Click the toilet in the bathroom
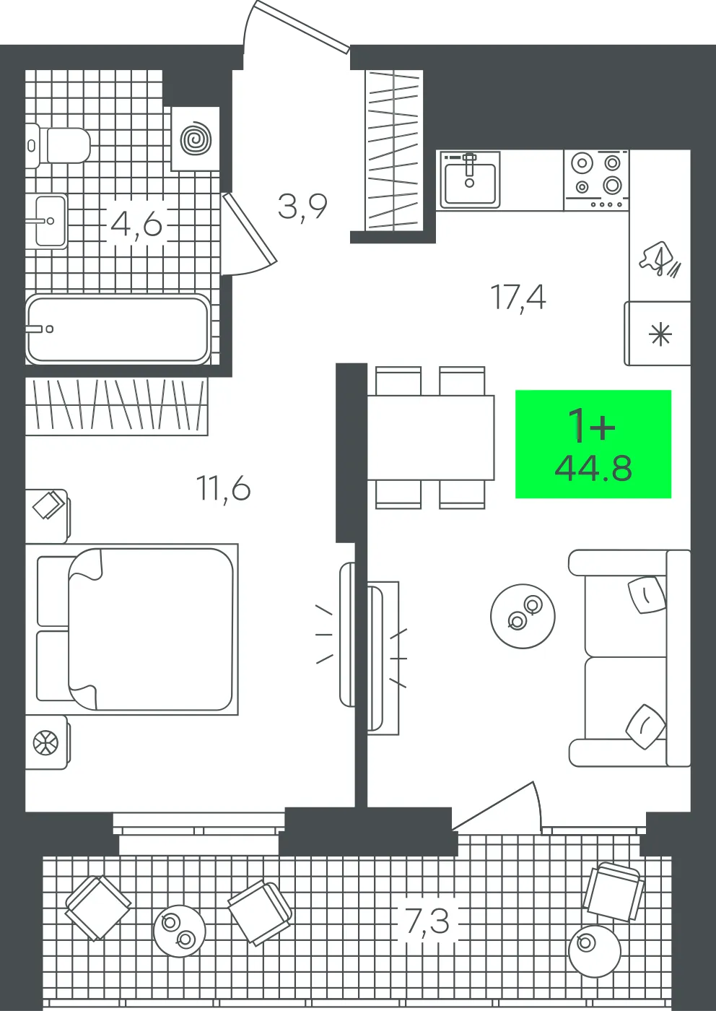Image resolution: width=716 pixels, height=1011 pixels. point(58,145)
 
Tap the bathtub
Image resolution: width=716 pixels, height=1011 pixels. point(118,329)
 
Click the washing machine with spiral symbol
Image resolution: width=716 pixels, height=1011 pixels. point(196,139)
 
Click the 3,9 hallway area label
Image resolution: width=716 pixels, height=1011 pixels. point(302,207)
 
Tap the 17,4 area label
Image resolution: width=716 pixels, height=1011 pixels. point(518,298)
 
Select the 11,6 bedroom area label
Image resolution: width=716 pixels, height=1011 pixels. point(224,489)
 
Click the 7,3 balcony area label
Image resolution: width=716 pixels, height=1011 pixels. point(427,921)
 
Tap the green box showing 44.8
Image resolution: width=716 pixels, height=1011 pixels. point(593,444)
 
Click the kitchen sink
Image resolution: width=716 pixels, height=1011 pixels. point(470,180)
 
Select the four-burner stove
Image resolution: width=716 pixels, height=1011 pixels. point(596,180)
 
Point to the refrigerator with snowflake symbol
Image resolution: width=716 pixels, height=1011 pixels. point(658,334)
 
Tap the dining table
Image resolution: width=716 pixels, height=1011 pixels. point(431,438)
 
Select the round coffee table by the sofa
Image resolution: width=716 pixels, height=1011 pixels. point(523,617)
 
